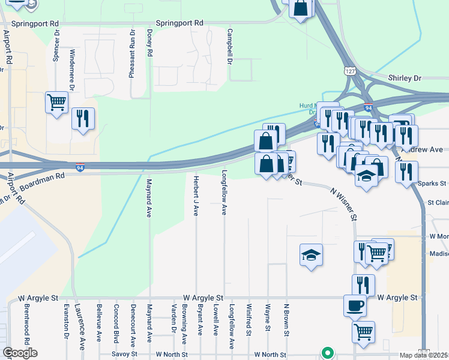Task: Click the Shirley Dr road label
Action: pos(405,79)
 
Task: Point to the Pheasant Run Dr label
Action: pos(131,54)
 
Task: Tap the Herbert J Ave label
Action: pos(196,195)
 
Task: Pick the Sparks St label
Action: pos(433,183)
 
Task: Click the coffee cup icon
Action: pos(355,305)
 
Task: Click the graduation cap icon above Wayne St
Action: pos(312,255)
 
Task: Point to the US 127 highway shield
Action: pos(349,71)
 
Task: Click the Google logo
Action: pos(20,353)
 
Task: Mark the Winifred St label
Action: pos(248,320)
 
